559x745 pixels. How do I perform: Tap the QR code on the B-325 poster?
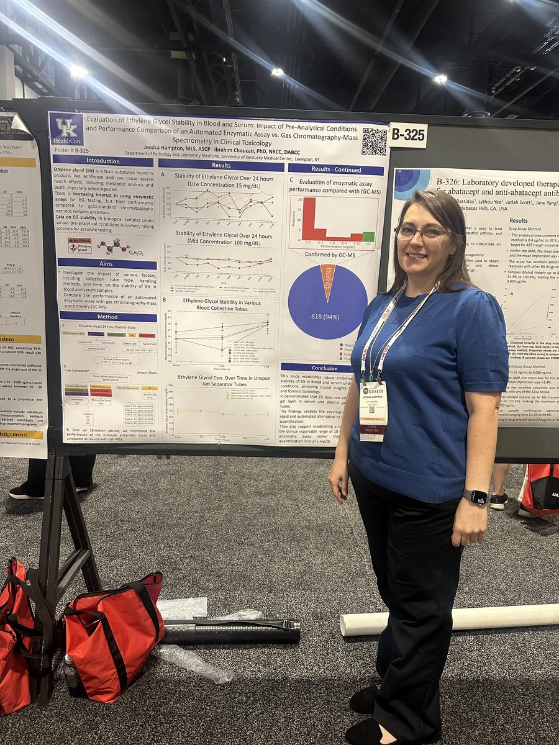coord(374,142)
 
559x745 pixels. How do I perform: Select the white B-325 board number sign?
coord(408,135)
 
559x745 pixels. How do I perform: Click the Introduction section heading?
coord(103,160)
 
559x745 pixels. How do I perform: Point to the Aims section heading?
coord(106,262)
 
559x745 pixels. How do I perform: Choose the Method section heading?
coord(107,316)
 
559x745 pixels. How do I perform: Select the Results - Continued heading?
coord(335,169)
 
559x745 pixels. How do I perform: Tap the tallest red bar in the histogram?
coord(308,219)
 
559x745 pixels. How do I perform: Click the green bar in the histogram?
coord(368,237)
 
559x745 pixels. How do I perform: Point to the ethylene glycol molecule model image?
coord(114,246)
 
